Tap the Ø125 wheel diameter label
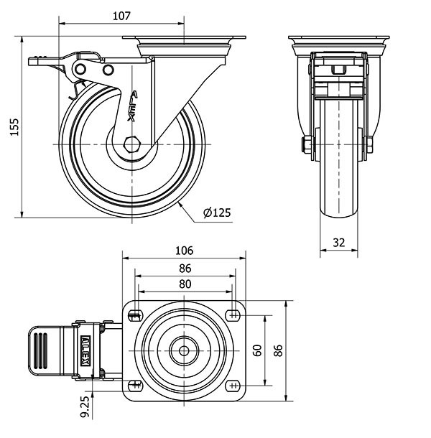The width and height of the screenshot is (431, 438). (x=216, y=213)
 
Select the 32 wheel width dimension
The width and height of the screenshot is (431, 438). (x=338, y=243)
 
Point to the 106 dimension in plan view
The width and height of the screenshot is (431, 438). (x=185, y=251)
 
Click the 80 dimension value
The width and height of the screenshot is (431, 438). (x=185, y=284)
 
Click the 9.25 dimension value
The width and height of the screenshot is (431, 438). (x=84, y=406)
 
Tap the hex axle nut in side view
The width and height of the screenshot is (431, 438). (x=131, y=143)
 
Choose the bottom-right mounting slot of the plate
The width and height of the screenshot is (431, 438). (x=233, y=386)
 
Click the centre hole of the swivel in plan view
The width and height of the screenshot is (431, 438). (x=185, y=350)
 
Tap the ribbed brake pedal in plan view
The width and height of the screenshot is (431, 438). (x=41, y=350)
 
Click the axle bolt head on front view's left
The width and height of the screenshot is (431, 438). (x=306, y=146)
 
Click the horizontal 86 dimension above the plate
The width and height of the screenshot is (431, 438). (x=185, y=268)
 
